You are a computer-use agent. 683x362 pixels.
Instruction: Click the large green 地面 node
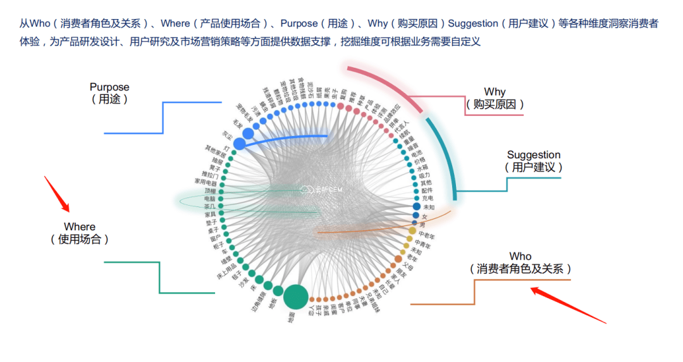295,296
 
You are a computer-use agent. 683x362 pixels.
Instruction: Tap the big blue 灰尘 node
239,144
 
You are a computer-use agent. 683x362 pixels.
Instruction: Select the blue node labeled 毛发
249,132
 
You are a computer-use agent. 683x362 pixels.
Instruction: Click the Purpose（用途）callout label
109,93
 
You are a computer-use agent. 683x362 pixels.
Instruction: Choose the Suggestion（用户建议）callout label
533,161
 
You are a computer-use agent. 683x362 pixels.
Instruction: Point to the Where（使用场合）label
80,233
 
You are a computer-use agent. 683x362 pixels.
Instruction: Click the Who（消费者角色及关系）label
520,263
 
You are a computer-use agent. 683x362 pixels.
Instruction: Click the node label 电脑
209,199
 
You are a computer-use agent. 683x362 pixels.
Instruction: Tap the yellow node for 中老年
412,231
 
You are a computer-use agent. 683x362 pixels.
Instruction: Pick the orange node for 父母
398,259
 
